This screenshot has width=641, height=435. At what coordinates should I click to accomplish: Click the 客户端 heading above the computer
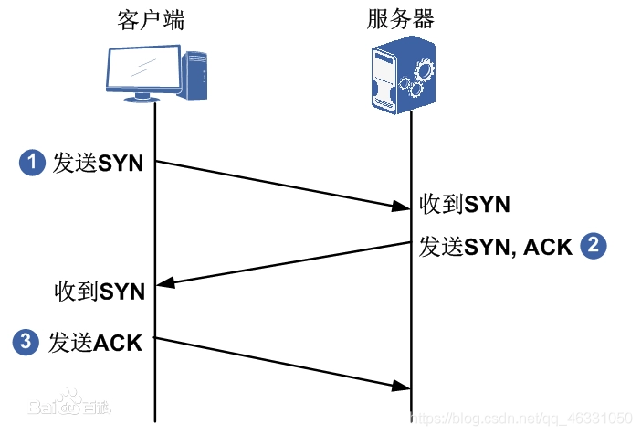click(152, 20)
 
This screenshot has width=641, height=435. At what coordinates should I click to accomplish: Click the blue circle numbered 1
click(32, 164)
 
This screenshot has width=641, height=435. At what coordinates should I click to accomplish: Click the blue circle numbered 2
click(594, 245)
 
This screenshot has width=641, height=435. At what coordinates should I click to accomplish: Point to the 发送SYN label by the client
click(98, 164)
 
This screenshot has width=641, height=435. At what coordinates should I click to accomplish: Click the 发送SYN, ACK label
click(496, 246)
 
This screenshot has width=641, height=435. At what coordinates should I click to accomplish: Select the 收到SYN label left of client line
click(100, 292)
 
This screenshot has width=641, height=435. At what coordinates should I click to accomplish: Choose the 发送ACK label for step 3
click(97, 344)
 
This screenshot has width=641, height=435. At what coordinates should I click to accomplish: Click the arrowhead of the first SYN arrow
click(403, 209)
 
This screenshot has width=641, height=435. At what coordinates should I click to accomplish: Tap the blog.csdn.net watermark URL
click(521, 418)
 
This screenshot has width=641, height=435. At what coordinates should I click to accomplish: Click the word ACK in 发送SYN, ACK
click(548, 246)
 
